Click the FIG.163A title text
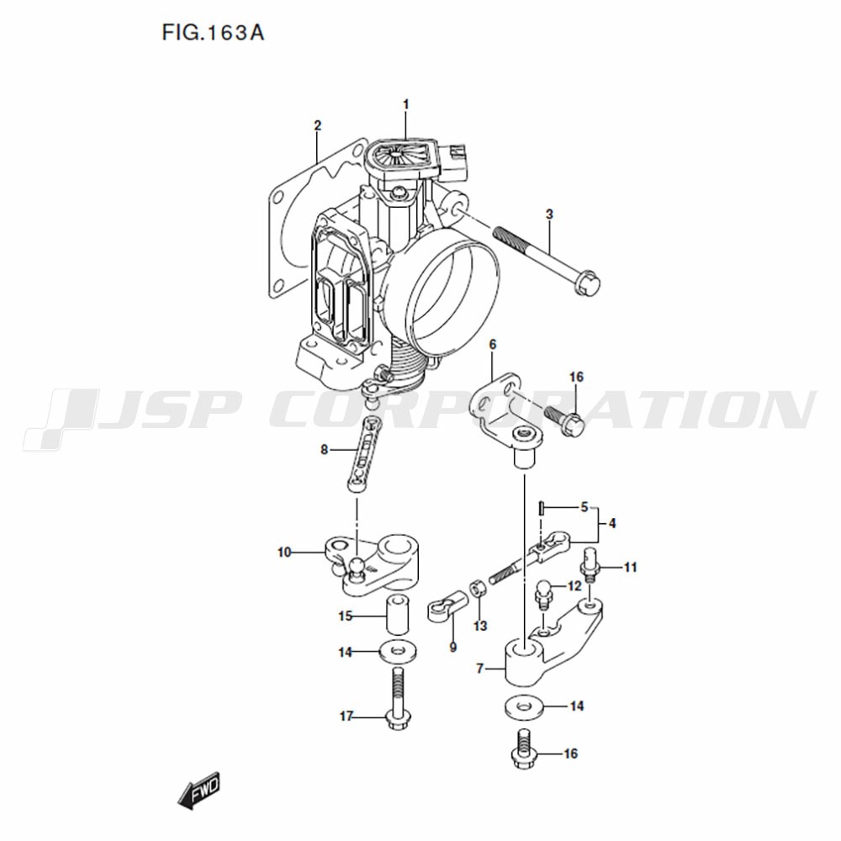point(213,34)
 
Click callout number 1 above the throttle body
point(406,104)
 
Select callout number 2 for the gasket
point(318,125)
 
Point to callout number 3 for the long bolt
point(549,214)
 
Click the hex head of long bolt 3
point(587,284)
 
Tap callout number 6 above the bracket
point(492,345)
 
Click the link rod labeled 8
point(363,453)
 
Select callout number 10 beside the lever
point(284,552)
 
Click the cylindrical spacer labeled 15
point(397,614)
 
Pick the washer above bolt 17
point(399,652)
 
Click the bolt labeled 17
point(397,700)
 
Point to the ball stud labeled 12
point(544,595)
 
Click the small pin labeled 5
point(542,507)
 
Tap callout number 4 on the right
point(612,523)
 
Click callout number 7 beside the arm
point(480,669)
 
